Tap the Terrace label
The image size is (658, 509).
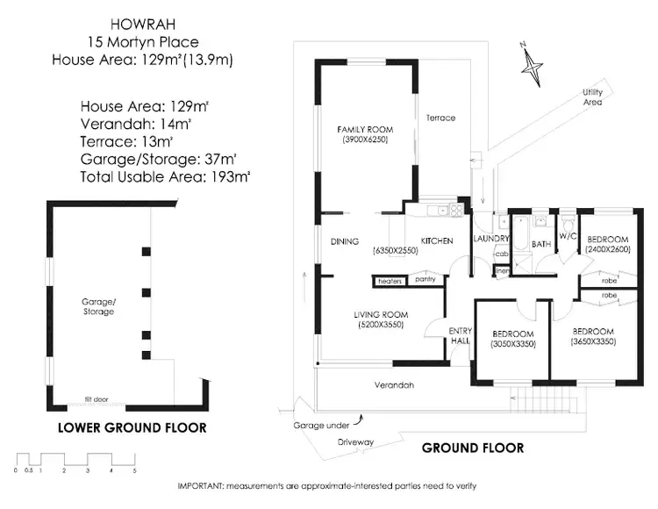tap(440, 118)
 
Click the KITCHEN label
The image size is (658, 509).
tap(436, 240)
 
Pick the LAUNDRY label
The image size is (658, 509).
tap(491, 240)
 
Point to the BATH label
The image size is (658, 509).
tap(540, 243)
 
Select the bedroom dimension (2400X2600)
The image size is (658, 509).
tap(607, 250)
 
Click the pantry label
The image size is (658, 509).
tap(426, 281)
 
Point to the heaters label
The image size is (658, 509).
tap(390, 281)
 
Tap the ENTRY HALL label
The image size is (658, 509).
tap(461, 335)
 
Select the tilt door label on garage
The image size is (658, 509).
tap(96, 399)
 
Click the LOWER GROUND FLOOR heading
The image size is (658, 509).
tap(132, 428)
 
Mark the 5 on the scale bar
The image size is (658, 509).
tap(134, 471)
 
